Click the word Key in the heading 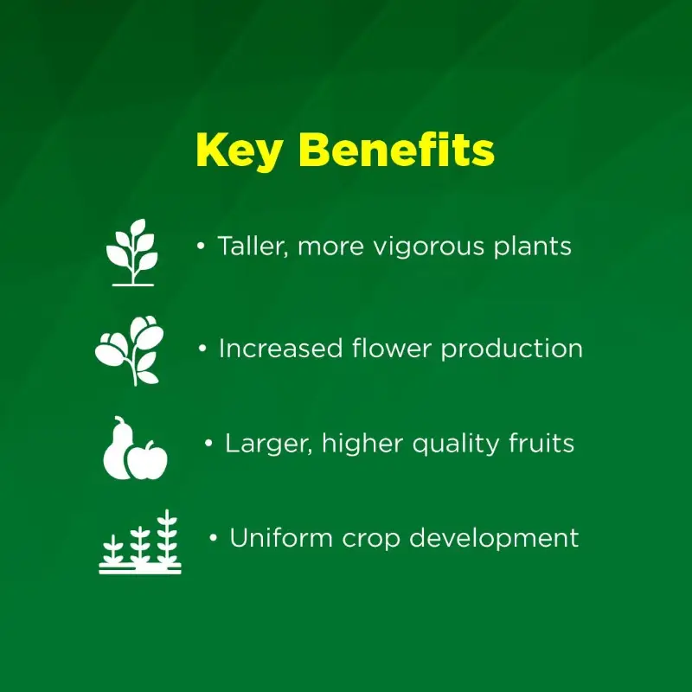tap(240, 151)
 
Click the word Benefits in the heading tap(397, 149)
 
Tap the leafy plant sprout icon tap(132, 253)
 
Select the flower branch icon tap(129, 350)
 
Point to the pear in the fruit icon tap(117, 450)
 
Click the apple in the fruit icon tap(148, 460)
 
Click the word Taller tap(253, 247)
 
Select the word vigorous tap(429, 247)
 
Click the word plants tap(533, 247)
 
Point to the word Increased tap(280, 349)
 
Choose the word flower tap(392, 348)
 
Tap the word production tap(512, 349)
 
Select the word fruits tap(541, 443)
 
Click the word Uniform tap(281, 537)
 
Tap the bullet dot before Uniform tap(213, 538)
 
